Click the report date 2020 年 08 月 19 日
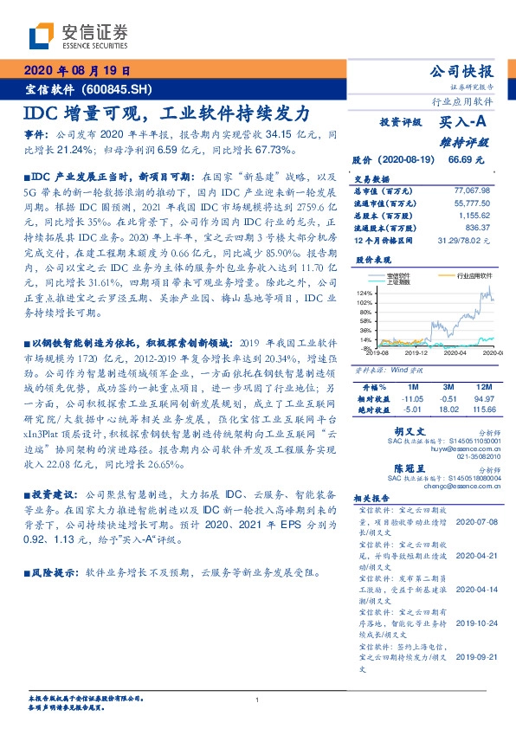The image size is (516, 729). point(77,71)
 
